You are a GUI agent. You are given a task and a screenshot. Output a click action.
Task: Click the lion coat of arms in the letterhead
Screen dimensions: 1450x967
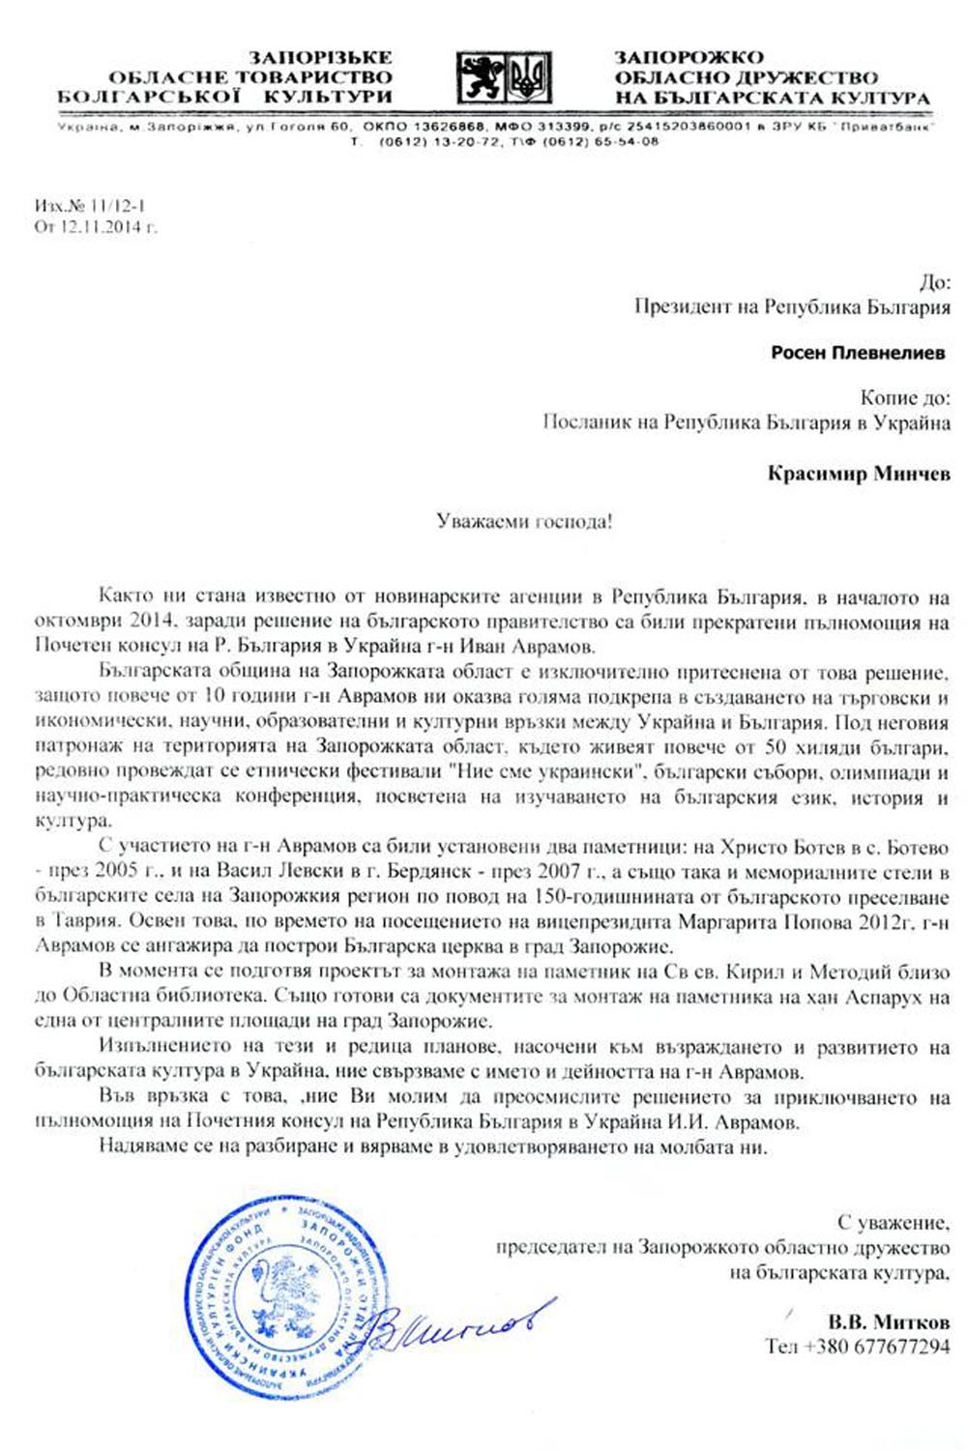[481, 77]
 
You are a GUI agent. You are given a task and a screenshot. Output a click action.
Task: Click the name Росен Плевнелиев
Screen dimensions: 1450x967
[857, 353]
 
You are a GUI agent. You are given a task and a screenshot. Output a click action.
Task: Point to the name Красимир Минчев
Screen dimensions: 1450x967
[859, 474]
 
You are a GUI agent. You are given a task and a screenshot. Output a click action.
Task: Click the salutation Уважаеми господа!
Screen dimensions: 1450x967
[524, 522]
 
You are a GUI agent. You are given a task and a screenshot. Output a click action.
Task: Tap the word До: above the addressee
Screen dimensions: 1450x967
[934, 282]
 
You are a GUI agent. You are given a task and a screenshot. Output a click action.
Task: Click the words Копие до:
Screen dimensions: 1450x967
[904, 397]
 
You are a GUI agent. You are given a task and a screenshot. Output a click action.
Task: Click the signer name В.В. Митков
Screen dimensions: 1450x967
[888, 1321]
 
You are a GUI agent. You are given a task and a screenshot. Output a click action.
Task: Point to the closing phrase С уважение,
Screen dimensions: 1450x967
[893, 1222]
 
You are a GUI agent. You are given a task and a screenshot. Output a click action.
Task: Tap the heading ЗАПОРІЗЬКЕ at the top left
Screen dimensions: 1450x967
[320, 57]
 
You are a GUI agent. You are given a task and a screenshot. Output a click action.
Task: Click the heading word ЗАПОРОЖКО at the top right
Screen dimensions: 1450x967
[689, 57]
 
